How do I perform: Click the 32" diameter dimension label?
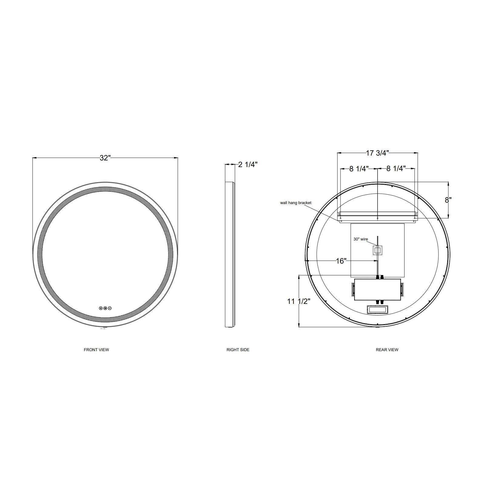[x=105, y=158]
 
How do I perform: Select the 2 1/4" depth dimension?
[x=248, y=165]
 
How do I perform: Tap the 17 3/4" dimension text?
[x=377, y=153]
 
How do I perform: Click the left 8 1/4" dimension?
[x=359, y=169]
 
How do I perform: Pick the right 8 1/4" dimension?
[x=396, y=169]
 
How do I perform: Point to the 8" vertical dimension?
[x=448, y=200]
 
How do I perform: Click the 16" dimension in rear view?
[x=341, y=261]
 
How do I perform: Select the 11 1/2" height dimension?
[x=299, y=301]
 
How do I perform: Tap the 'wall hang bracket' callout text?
[x=296, y=203]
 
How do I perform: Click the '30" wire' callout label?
[x=361, y=239]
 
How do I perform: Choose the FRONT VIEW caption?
[x=96, y=350]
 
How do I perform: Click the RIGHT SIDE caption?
[x=238, y=350]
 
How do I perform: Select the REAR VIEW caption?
[x=387, y=350]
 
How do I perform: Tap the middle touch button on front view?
[x=105, y=308]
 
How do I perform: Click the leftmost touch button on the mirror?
[x=101, y=308]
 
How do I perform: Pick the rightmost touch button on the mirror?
[x=110, y=308]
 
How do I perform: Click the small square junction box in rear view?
[x=377, y=250]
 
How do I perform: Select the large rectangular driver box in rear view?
[x=377, y=290]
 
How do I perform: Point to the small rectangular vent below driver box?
[x=377, y=310]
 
